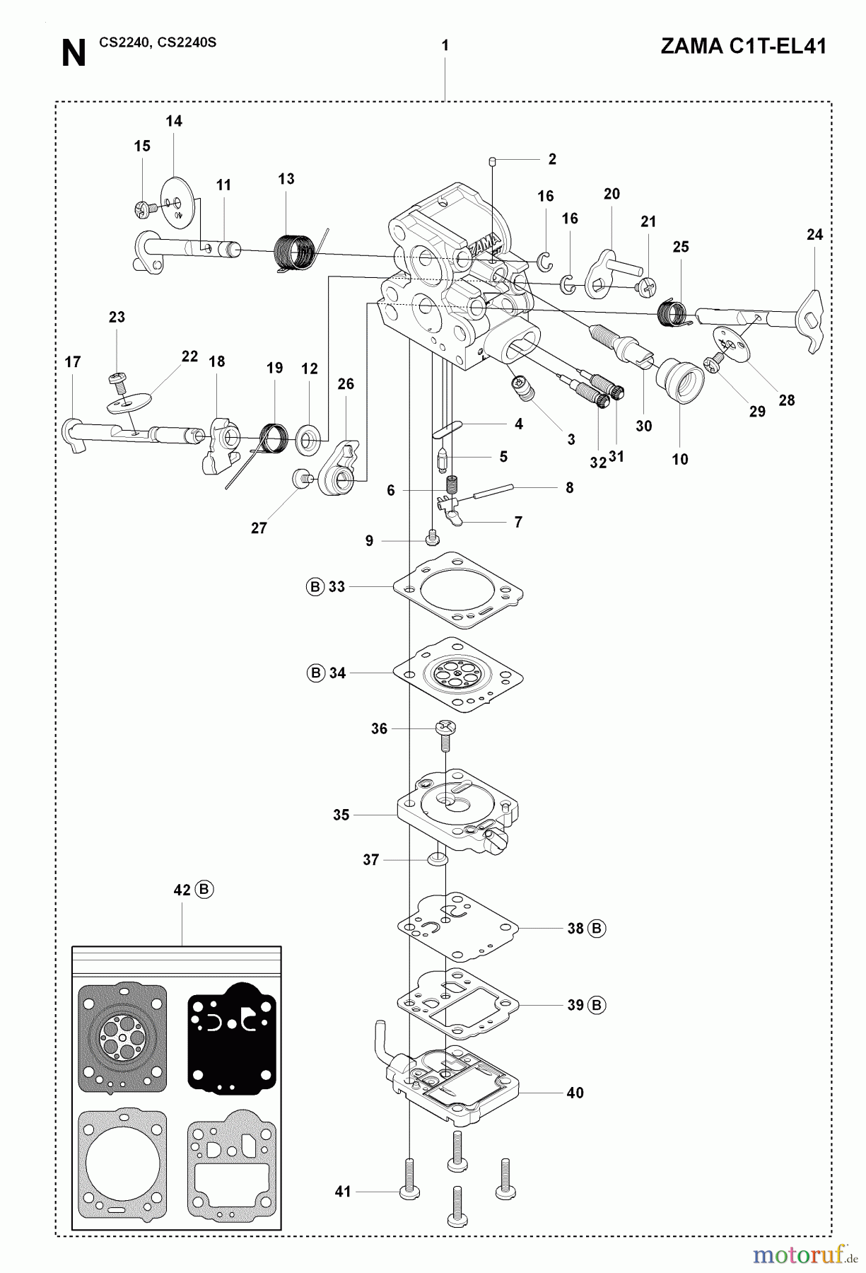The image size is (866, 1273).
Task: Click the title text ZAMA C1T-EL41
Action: [743, 47]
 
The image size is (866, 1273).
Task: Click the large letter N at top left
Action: [73, 54]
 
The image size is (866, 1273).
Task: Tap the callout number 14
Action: [174, 121]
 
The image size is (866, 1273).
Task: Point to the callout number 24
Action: [814, 234]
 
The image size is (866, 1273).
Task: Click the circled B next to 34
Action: [315, 673]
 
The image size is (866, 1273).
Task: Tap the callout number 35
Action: [341, 815]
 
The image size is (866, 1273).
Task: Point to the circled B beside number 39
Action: [597, 1004]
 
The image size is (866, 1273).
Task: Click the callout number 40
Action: [575, 1093]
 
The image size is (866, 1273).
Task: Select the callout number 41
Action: [343, 1192]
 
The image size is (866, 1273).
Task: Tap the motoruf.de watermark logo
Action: [799, 1254]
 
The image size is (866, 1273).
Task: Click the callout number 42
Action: [182, 890]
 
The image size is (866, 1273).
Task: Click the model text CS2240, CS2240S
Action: [158, 42]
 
